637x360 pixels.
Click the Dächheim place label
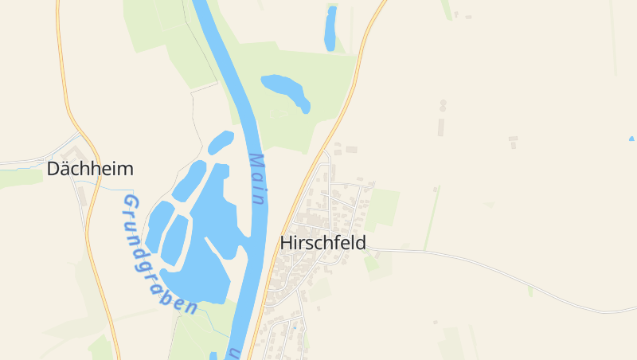pyautogui.click(x=90, y=169)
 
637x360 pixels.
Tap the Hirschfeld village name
pyautogui.click(x=323, y=243)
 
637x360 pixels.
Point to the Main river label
pyautogui.click(x=258, y=180)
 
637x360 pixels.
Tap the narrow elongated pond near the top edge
pyautogui.click(x=330, y=29)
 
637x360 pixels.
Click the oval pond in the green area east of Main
pyautogui.click(x=285, y=89)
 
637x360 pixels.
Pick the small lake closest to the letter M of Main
pyautogui.click(x=221, y=143)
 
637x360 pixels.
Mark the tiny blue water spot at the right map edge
pyautogui.click(x=632, y=139)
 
